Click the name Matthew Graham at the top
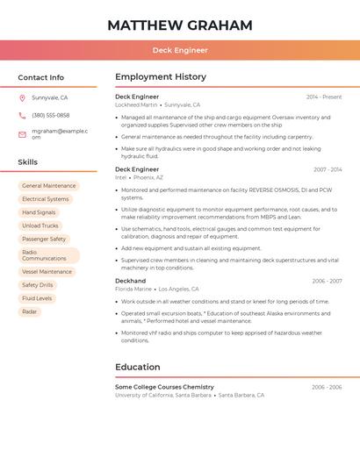click(180, 25)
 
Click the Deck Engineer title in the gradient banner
click(180, 50)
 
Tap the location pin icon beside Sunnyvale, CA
click(22, 97)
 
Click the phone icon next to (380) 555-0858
click(22, 115)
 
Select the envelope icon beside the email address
click(22, 134)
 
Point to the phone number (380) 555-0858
click(51, 115)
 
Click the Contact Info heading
click(41, 77)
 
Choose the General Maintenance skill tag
click(49, 186)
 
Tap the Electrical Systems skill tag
click(46, 199)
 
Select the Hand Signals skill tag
click(39, 212)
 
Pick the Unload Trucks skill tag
click(40, 225)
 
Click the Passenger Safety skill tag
click(44, 239)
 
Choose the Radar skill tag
click(30, 311)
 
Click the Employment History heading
click(161, 77)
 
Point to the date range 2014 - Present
click(324, 97)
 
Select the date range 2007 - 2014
click(328, 169)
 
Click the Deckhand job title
click(131, 281)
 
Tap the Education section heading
click(138, 367)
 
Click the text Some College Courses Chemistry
click(164, 387)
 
